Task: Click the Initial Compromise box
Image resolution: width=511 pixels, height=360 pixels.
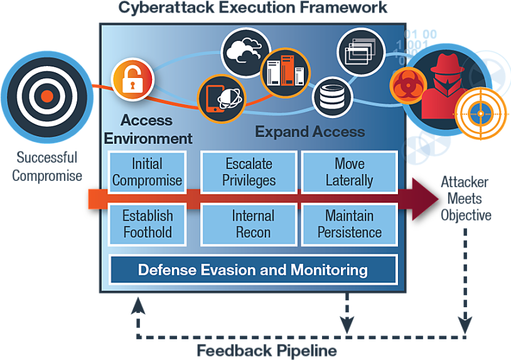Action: pos(147,172)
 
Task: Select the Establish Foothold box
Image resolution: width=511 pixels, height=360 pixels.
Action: pos(147,224)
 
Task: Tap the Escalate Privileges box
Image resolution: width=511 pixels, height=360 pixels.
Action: pos(249,172)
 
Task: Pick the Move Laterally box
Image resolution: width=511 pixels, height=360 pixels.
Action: pos(349,172)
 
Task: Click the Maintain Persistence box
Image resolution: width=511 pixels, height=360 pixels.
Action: pos(349,224)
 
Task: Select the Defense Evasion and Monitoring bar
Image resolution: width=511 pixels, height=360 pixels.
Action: pos(253,270)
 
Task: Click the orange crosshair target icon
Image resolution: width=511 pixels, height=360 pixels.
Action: pos(481,113)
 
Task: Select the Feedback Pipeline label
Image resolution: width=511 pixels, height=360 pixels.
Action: pos(266,350)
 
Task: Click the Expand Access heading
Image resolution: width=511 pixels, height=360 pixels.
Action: pos(309,131)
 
